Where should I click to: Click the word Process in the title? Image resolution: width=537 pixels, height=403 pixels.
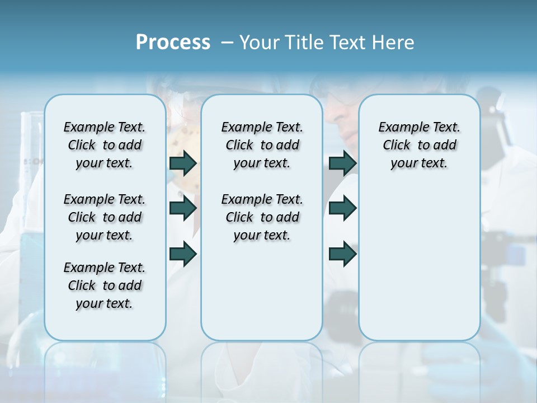tap(173, 42)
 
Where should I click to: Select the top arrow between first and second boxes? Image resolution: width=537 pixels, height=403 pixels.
tap(183, 163)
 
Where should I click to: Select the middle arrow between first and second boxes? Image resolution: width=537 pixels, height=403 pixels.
tap(183, 208)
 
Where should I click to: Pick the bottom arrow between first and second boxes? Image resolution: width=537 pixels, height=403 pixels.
tap(183, 254)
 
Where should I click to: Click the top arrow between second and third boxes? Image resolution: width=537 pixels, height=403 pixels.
tap(342, 163)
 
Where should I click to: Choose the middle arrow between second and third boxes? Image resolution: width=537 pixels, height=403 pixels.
tap(342, 208)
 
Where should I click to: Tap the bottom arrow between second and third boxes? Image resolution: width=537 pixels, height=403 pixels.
tap(342, 254)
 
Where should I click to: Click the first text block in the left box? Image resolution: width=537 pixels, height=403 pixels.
tap(105, 146)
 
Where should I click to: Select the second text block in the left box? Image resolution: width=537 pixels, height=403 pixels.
tap(105, 217)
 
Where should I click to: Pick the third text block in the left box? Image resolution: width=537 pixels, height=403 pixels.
tap(105, 285)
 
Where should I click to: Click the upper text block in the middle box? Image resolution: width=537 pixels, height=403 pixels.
tap(262, 146)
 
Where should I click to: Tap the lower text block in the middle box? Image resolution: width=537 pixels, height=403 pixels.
tap(262, 217)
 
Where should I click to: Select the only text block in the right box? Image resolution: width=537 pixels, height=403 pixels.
tap(420, 146)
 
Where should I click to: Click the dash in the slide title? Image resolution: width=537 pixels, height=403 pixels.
tap(228, 43)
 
